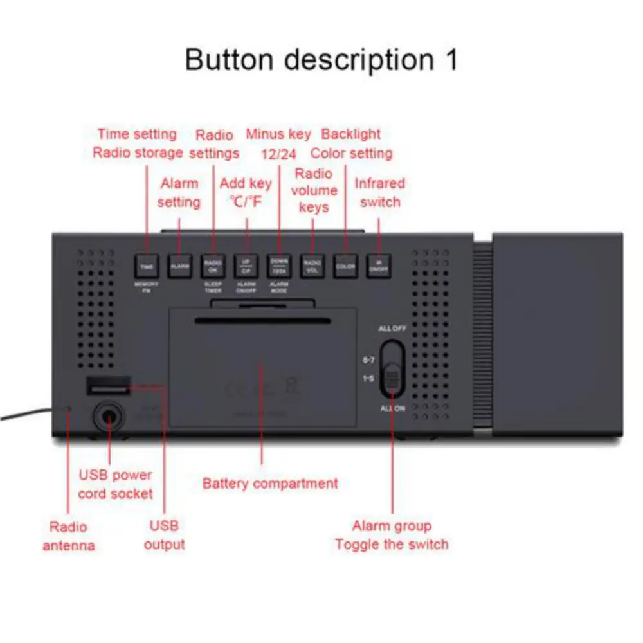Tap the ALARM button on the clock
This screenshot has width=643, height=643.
coord(179,266)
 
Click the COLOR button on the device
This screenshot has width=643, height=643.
coord(346,266)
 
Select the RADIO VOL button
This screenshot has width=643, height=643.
coord(312,266)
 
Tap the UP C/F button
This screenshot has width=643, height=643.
coord(246,266)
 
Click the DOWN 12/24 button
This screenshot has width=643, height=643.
coord(279,266)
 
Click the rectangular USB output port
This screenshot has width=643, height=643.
coord(108,386)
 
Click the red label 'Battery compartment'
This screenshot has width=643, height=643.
coord(270,483)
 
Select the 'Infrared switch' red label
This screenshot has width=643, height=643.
coord(380,192)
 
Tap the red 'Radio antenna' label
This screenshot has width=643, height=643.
coord(68,536)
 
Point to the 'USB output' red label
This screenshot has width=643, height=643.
coord(164,535)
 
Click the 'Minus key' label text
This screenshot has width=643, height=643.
coord(278,134)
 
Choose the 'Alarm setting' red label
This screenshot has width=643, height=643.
coord(179,192)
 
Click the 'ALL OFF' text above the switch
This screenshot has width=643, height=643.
coord(392,329)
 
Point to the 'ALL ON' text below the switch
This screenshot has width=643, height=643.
coord(392,408)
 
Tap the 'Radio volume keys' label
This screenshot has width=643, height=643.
coord(314,190)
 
